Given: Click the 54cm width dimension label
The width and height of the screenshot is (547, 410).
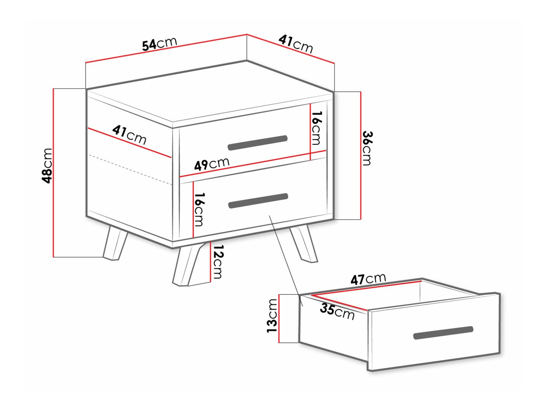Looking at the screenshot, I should pyautogui.click(x=159, y=43).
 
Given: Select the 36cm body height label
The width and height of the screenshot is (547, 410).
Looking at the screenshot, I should pyautogui.click(x=367, y=148).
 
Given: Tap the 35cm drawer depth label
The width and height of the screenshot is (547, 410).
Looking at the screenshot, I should pyautogui.click(x=337, y=312).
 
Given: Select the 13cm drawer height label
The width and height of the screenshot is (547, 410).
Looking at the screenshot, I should pyautogui.click(x=272, y=315).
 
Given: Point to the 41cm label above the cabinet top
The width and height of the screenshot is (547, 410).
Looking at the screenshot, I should pyautogui.click(x=296, y=44).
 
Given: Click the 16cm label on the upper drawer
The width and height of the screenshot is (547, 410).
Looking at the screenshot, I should pyautogui.click(x=317, y=128).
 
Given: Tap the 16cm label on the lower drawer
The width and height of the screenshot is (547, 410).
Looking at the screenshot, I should pyautogui.click(x=199, y=209).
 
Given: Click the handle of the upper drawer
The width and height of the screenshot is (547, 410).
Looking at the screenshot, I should pyautogui.click(x=258, y=142).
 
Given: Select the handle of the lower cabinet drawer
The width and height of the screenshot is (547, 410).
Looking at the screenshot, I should pyautogui.click(x=258, y=201).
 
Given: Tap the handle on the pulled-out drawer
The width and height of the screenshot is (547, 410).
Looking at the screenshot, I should pyautogui.click(x=443, y=333).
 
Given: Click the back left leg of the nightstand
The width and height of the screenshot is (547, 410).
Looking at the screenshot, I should pyautogui.click(x=115, y=244).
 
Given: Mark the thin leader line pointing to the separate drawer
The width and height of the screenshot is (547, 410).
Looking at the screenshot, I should pyautogui.click(x=284, y=256).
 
